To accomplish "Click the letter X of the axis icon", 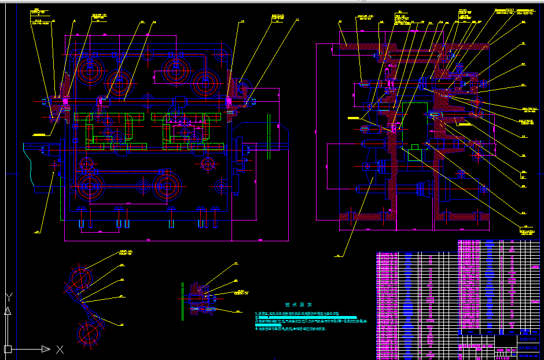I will point(60,349).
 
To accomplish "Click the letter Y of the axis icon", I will point(9,298).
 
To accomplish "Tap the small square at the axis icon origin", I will point(9,348).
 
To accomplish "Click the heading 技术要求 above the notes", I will point(299,305).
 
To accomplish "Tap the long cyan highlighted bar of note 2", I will point(301,317).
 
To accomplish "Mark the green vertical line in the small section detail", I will point(182,301).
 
